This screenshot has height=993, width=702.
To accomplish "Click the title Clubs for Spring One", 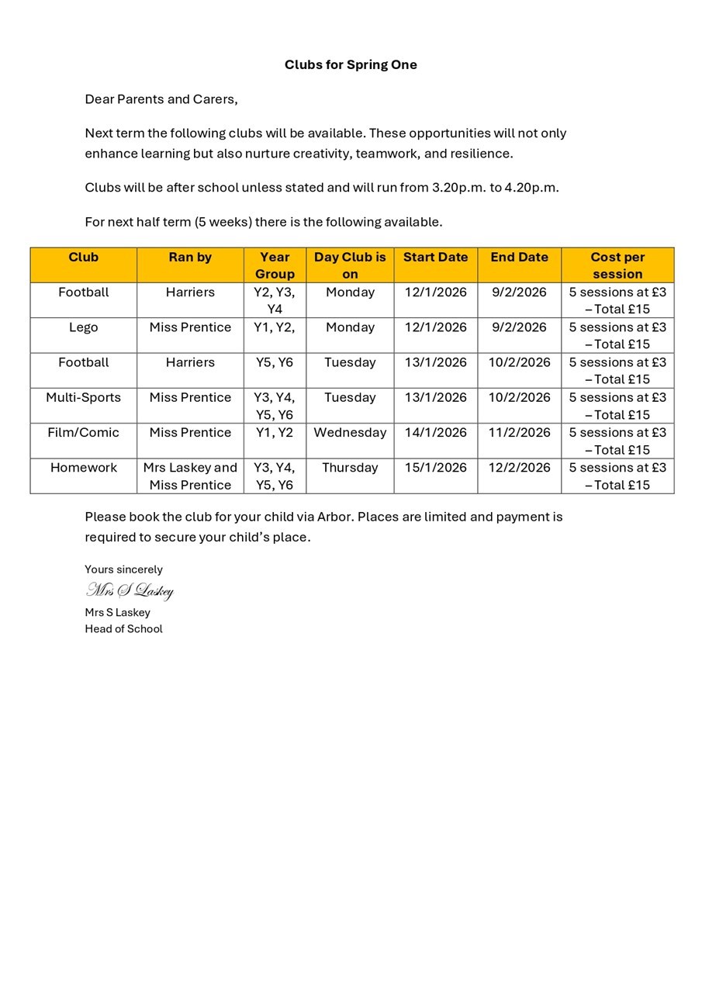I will point(351,64).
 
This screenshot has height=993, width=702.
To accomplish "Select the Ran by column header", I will point(190,258).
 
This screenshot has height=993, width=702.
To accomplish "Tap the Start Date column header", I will point(435,258).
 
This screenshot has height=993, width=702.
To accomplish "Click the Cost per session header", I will point(617,265).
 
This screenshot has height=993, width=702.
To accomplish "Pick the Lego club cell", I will point(83,327).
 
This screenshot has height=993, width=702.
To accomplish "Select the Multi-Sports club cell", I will point(83,398).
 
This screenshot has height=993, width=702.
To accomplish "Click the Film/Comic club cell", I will point(83,433).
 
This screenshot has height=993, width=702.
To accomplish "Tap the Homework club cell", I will point(83,468).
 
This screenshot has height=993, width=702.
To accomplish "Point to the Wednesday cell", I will point(350,433).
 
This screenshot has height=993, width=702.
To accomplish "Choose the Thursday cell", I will point(350,468).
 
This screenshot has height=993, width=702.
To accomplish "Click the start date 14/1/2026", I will point(435,433).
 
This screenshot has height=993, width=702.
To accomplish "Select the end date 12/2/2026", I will point(519,468).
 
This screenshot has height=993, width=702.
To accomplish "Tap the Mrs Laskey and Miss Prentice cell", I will point(190,476).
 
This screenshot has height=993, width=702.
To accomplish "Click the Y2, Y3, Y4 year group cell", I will point(275,300).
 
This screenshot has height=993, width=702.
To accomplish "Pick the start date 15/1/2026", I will point(435,468).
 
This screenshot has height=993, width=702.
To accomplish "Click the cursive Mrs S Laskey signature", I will point(130,591).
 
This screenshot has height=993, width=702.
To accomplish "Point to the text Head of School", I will point(123,629).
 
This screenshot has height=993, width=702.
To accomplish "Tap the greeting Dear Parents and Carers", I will point(161,99).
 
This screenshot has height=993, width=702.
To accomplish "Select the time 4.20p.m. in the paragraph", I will point(531,188).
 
